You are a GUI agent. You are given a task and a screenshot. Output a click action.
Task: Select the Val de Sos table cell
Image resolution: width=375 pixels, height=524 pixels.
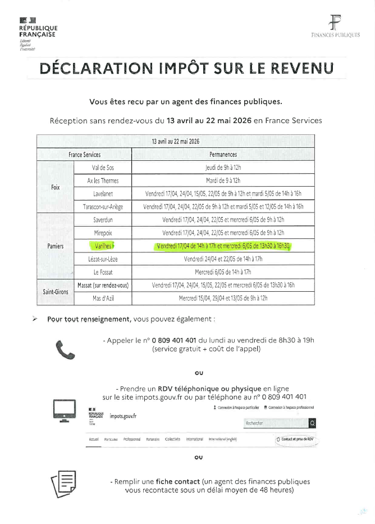tap(103, 168)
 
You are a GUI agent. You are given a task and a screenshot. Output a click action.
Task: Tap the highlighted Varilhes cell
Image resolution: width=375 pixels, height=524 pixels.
tap(102, 246)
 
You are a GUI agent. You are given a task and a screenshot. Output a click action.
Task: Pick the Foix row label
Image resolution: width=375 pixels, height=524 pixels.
tap(56, 187)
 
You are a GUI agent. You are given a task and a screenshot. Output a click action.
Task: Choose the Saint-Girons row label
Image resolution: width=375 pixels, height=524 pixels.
tap(56, 292)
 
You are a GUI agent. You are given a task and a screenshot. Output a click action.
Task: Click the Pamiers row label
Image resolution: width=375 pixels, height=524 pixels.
tap(56, 246)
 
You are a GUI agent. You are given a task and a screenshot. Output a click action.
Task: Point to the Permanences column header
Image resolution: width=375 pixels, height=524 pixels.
tap(223, 154)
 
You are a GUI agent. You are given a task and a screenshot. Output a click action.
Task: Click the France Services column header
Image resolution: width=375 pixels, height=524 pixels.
tap(84, 154)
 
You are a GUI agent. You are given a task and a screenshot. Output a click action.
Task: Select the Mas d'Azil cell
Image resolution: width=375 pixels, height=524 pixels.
tap(103, 298)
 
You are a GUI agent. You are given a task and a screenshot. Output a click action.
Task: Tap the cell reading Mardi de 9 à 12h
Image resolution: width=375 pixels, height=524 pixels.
tap(223, 180)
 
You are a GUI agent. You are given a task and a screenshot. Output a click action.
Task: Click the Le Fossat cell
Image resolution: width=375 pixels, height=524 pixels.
tap(103, 272)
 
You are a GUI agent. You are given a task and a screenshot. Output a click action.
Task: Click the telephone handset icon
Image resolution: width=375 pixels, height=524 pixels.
tap(65, 349)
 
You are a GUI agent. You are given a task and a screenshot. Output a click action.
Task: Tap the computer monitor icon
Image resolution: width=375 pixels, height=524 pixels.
tap(64, 412)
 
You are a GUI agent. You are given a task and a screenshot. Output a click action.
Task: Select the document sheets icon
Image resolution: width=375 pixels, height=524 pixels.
tap(63, 482)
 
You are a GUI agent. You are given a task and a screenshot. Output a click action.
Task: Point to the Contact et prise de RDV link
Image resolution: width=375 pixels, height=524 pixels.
tap(295, 439)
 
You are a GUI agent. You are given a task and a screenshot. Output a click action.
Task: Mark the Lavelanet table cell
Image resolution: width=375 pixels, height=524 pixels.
tap(103, 193)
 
